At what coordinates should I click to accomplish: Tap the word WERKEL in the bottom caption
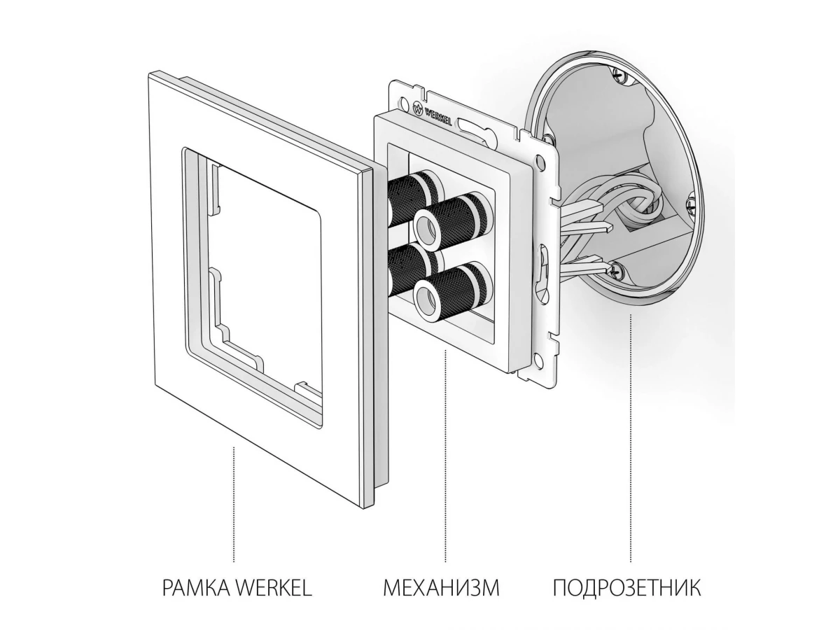click(272, 598)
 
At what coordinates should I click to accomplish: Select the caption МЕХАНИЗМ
click(441, 598)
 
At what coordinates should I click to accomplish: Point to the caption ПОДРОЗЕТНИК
click(627, 598)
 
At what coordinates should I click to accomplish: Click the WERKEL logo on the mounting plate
click(433, 113)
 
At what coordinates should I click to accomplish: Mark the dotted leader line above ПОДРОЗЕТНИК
click(631, 444)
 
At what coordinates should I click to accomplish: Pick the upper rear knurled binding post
click(415, 195)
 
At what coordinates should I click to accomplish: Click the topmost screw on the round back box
click(619, 75)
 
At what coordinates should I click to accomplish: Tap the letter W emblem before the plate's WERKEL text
click(419, 106)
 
